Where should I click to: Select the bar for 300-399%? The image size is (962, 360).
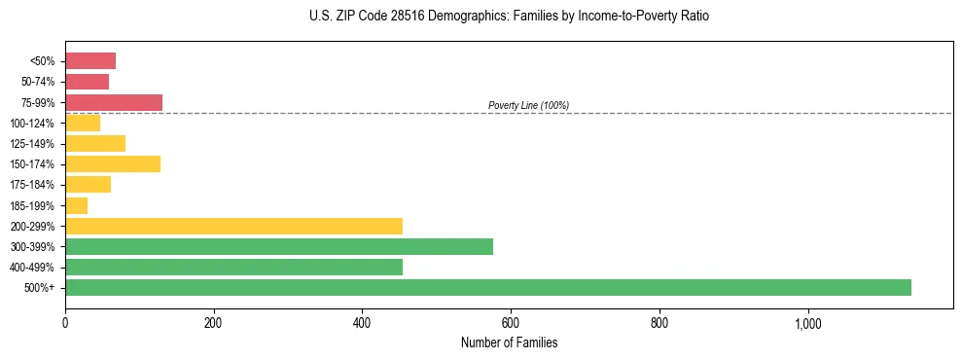pos(279,246)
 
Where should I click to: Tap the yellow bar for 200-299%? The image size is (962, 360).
pos(233,226)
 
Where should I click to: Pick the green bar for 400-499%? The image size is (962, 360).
pos(233,267)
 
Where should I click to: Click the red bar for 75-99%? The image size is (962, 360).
pos(114,102)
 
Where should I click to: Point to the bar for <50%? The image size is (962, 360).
pos(90,61)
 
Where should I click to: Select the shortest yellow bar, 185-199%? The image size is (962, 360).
pos(77,205)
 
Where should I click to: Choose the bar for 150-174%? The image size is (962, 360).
pos(113,163)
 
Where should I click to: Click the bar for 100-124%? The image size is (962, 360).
pos(83,123)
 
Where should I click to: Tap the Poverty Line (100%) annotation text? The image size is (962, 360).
pos(528,105)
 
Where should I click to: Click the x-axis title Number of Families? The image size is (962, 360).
pos(509,342)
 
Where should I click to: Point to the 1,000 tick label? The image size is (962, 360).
pos(808,323)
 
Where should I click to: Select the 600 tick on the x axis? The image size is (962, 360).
pos(511,323)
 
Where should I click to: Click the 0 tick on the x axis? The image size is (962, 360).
pos(65,323)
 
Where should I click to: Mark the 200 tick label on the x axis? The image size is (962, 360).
pos(214,323)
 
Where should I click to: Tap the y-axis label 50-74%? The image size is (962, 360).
pos(37,82)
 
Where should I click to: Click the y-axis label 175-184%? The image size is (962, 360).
pos(32,185)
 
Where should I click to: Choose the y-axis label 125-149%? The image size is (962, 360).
pos(32,143)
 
